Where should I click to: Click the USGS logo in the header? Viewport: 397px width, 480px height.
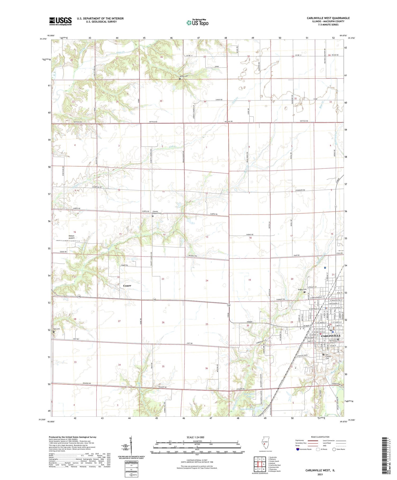[60, 21]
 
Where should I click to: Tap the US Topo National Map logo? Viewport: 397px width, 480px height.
[197, 23]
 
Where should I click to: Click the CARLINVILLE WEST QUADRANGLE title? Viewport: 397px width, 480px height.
[328, 18]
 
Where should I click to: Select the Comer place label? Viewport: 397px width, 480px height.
[127, 286]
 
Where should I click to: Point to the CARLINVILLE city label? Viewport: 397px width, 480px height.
[331, 336]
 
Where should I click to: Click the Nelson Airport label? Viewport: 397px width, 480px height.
[71, 237]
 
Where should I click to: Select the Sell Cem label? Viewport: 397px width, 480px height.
[57, 329]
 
